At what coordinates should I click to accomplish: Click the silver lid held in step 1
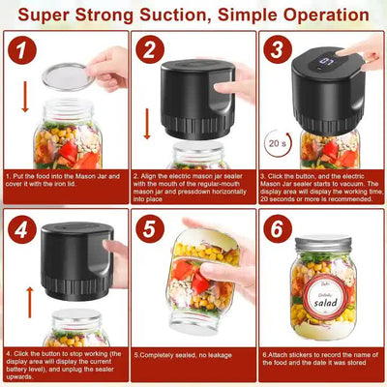point(69,77)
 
